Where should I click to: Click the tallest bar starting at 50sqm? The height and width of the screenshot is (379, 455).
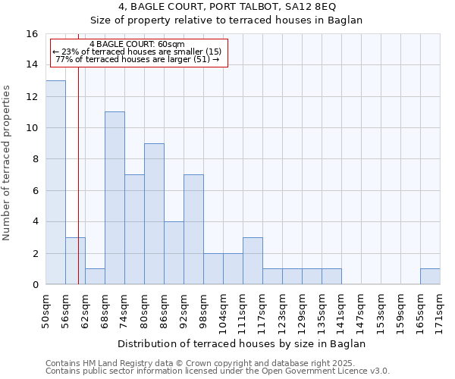click(x=55, y=182)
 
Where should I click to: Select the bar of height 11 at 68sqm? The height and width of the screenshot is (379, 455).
click(x=115, y=198)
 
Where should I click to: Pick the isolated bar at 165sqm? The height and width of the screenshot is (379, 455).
click(x=430, y=277)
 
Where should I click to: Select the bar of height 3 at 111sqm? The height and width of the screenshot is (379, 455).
click(x=253, y=261)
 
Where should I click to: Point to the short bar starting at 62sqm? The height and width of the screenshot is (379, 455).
click(x=95, y=277)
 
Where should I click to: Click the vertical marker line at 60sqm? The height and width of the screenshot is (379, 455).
click(x=78, y=189)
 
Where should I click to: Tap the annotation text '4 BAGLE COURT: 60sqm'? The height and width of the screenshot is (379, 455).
click(x=136, y=45)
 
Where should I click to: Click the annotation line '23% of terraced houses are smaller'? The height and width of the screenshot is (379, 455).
click(x=136, y=52)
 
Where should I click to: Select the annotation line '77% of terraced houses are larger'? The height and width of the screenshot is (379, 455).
click(x=137, y=59)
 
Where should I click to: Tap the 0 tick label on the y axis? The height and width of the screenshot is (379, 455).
click(x=35, y=285)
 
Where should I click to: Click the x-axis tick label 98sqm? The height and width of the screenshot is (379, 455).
click(x=203, y=311)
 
